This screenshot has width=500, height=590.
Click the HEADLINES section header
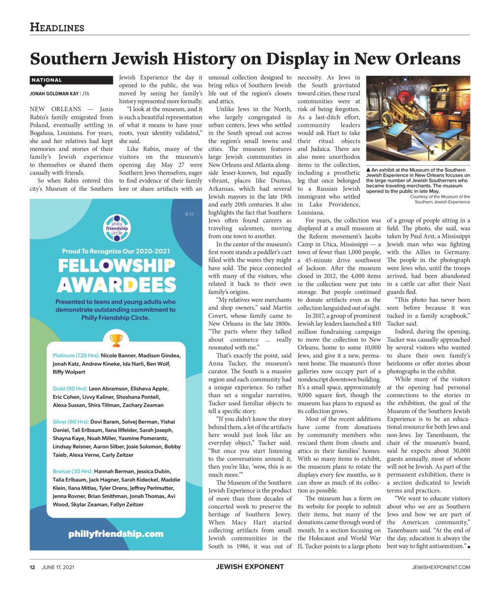[57, 28]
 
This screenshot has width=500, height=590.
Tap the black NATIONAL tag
[47, 80]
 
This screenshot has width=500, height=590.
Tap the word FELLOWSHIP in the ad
[116, 266]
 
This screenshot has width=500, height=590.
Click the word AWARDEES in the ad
[116, 285]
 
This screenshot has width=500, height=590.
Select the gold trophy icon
[116, 340]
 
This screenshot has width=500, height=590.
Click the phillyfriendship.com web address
[116, 533]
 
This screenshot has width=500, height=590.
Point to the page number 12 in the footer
[32, 567]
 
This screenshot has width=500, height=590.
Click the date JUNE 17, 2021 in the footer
[58, 567]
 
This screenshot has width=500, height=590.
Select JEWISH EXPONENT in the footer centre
[250, 567]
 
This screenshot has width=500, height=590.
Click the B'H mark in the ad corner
[189, 213]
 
